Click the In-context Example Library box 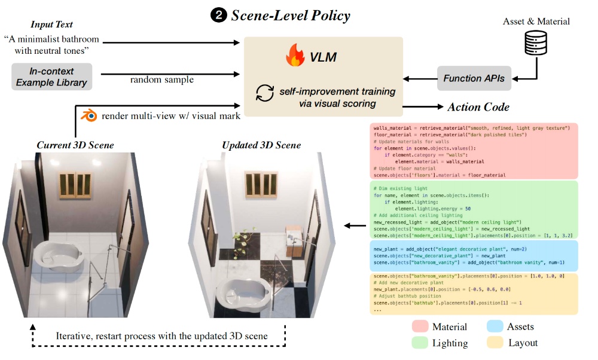(x=52, y=77)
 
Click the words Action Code (x=478, y=107)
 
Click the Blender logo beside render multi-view (x=89, y=115)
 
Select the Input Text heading (x=52, y=25)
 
